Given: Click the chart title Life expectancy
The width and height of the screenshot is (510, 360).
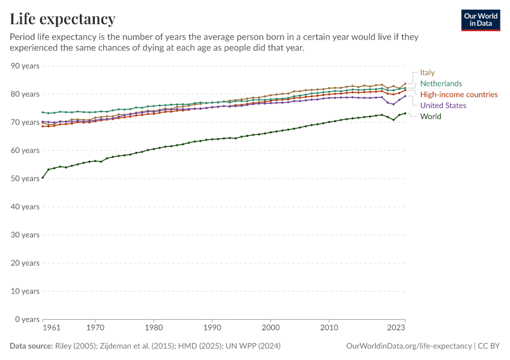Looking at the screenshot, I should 62,19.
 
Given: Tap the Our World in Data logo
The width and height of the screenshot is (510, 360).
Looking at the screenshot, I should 480,20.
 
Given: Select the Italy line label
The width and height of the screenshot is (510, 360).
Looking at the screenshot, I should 427,73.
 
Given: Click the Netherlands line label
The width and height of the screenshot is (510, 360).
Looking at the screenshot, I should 441,83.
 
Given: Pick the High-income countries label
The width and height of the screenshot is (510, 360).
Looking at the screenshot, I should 458,94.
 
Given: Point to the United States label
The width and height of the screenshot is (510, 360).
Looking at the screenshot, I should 443,106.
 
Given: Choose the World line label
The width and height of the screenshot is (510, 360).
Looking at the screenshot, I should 430,116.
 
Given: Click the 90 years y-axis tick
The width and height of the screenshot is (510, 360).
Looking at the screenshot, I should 25,66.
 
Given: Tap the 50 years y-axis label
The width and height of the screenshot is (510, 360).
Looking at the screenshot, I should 25,179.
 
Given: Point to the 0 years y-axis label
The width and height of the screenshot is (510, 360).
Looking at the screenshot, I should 27,319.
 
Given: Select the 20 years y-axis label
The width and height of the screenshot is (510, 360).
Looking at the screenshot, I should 25,263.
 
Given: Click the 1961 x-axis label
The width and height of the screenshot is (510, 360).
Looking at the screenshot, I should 52,328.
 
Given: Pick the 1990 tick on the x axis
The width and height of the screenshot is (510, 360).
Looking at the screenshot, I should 212,328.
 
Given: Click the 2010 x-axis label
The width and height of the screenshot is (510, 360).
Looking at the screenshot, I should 329,328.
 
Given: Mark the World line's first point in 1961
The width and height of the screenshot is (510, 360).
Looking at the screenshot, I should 43,178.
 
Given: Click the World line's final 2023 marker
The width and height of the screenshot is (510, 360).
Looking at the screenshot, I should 405,113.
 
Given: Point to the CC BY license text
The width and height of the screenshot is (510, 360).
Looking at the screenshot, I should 489,346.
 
